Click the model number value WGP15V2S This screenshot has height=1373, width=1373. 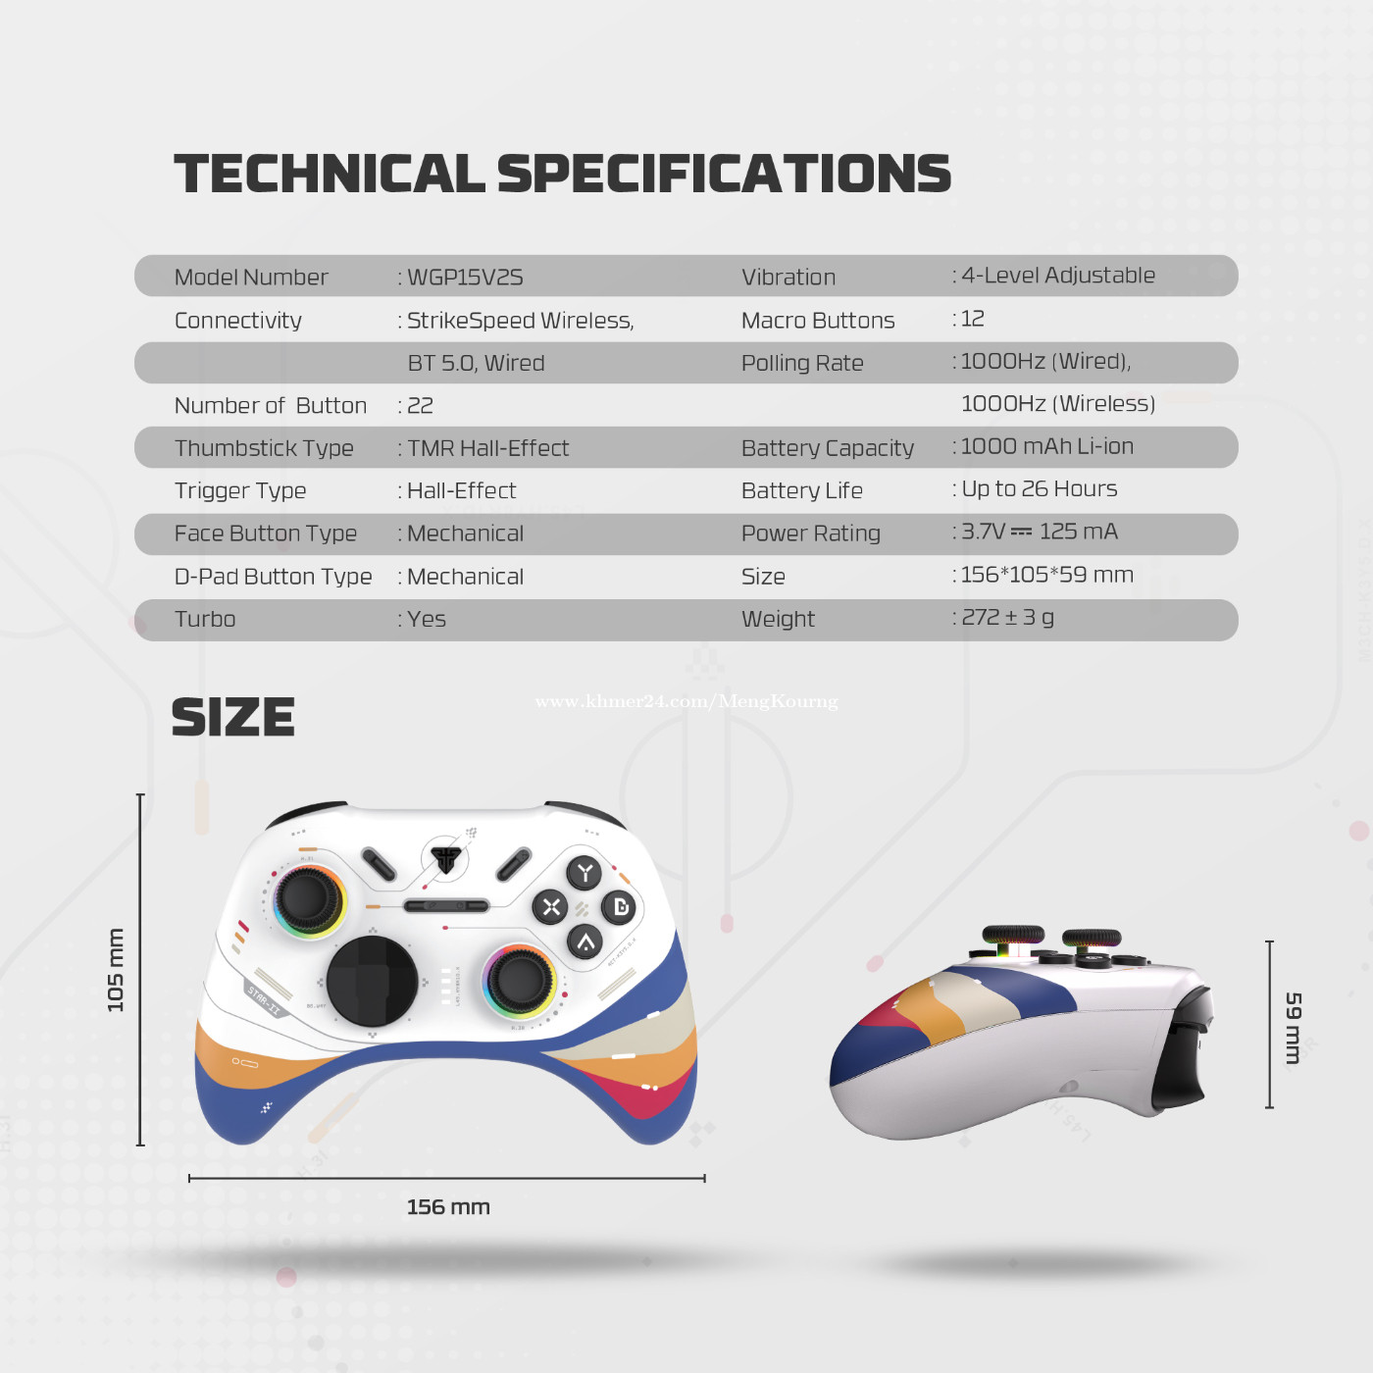(x=465, y=278)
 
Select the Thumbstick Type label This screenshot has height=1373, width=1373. (x=265, y=448)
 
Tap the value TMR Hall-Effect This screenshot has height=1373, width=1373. (x=488, y=448)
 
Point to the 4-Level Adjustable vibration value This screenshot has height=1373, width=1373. (x=1058, y=275)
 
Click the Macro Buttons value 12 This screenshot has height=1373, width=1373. (x=973, y=319)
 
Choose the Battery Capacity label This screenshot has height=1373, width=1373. (x=827, y=448)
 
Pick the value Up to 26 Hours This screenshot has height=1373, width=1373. (x=1039, y=488)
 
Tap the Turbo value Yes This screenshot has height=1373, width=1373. (x=426, y=619)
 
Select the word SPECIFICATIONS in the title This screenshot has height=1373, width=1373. (x=724, y=174)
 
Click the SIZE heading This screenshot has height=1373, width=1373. (x=233, y=717)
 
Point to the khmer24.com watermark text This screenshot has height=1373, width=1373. (x=686, y=702)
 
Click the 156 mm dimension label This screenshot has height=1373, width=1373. (x=448, y=1207)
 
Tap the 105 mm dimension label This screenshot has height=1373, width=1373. (x=116, y=970)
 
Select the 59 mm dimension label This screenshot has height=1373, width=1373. (x=1294, y=1028)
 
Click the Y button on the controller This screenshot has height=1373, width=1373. (x=585, y=873)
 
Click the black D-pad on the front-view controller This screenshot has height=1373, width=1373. (x=372, y=982)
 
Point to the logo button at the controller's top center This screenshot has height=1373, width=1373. (x=446, y=859)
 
